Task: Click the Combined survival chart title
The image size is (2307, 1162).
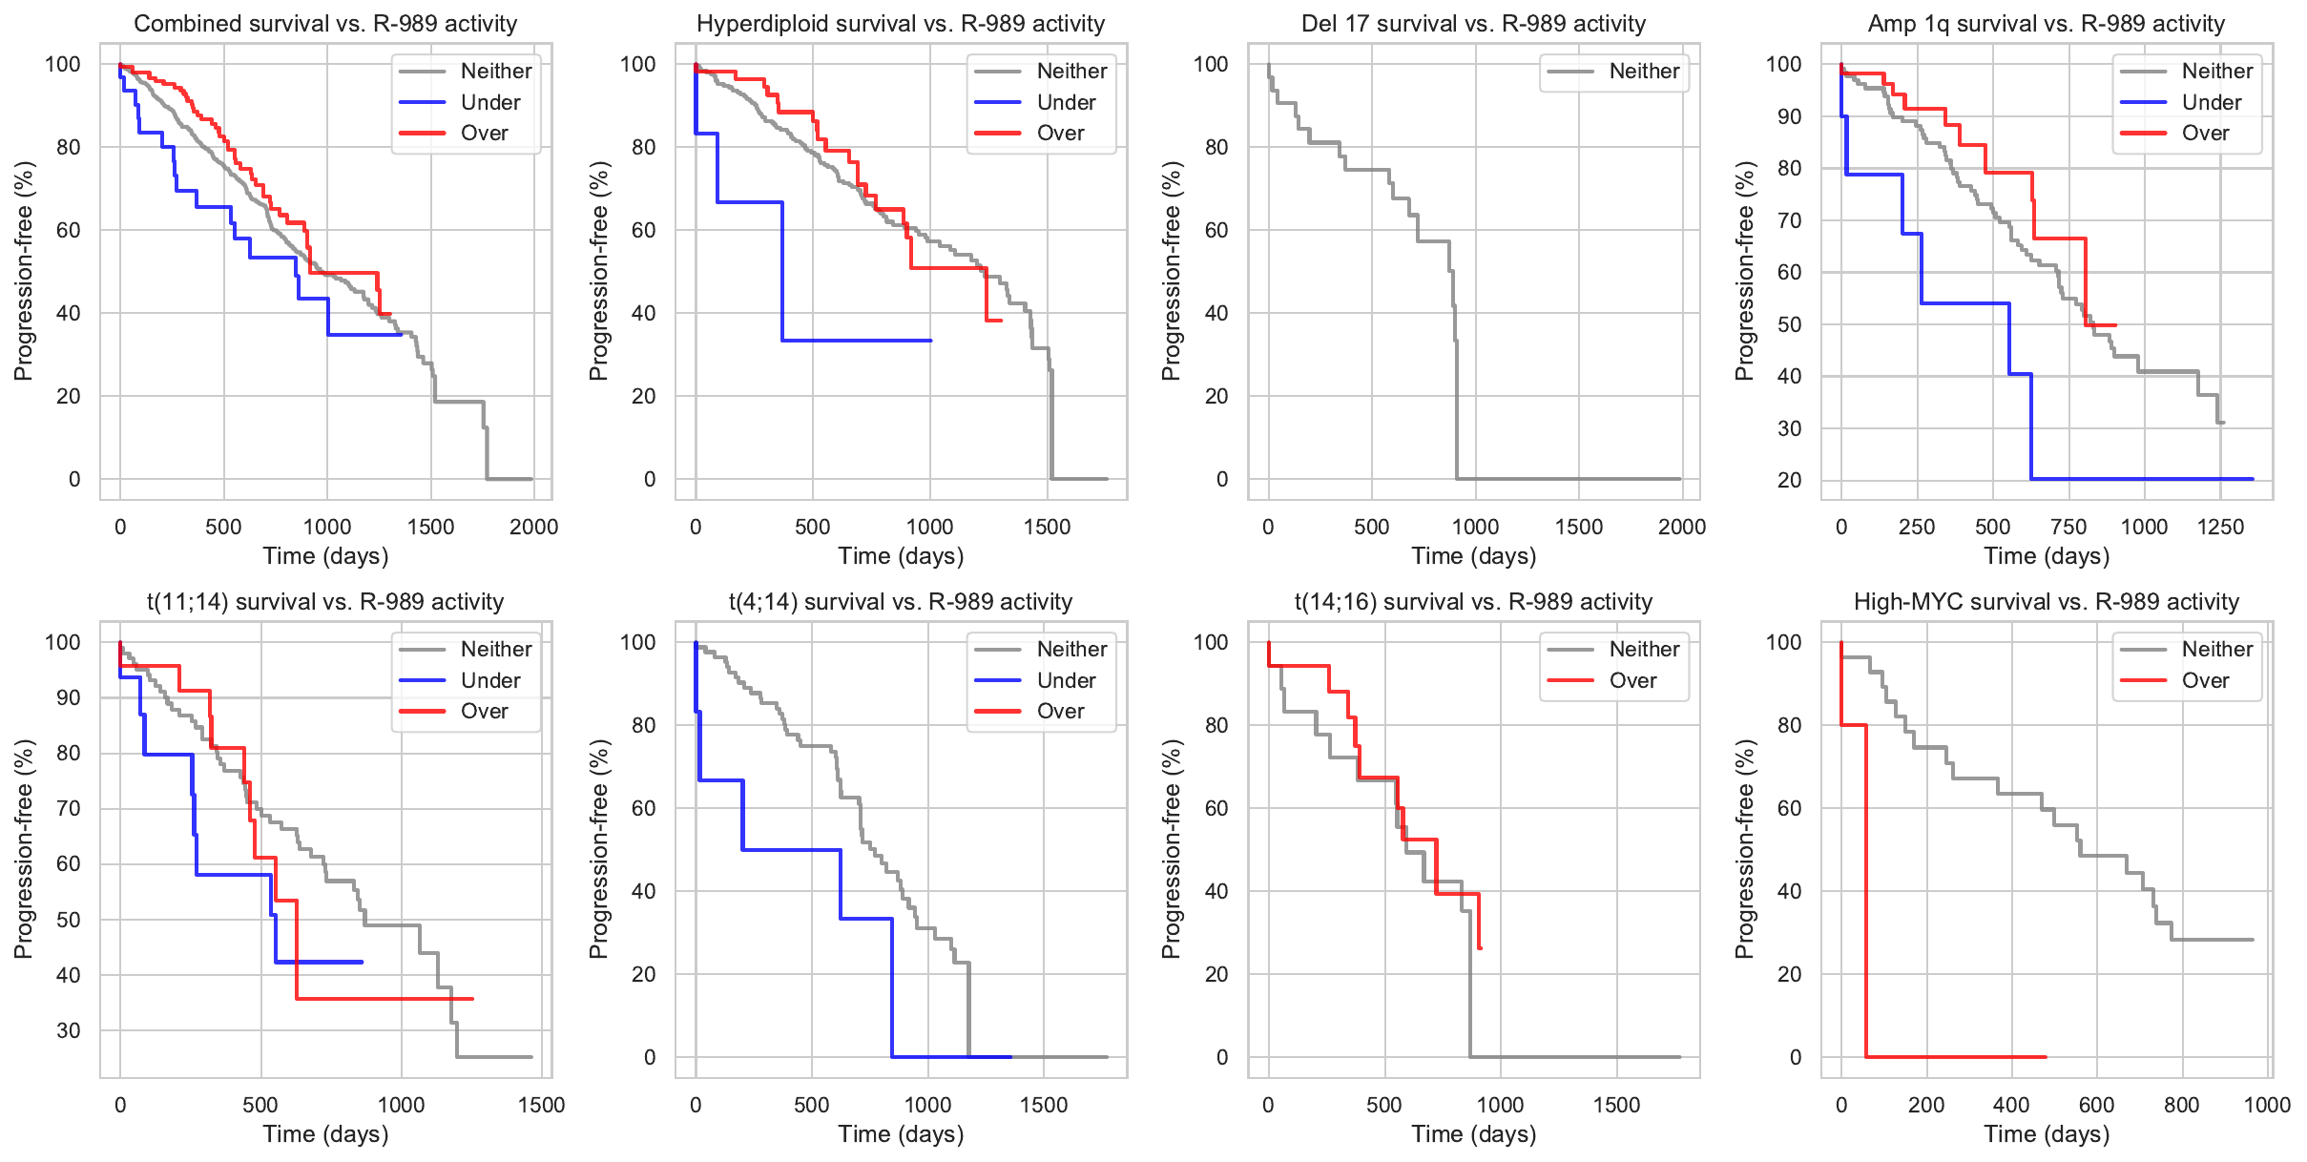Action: (x=325, y=24)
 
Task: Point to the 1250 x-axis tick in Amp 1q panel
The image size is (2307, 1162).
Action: (x=2220, y=527)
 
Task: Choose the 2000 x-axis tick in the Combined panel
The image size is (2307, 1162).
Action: (x=533, y=527)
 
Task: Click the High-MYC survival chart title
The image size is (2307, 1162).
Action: (x=2046, y=602)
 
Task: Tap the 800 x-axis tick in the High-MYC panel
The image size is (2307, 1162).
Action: (x=2181, y=1105)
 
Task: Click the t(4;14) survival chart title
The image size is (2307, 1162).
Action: (x=901, y=602)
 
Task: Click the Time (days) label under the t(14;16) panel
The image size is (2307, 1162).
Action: (x=1473, y=1134)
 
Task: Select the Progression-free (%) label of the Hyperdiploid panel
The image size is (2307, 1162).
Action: (x=598, y=271)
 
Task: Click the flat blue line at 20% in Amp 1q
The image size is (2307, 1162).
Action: (x=2147, y=479)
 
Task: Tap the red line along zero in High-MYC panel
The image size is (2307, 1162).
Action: (x=1956, y=1057)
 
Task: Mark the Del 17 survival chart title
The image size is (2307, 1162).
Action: (x=1473, y=24)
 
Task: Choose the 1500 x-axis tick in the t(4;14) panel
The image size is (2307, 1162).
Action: (x=1044, y=1105)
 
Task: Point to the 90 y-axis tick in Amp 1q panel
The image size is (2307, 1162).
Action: (x=1784, y=116)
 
